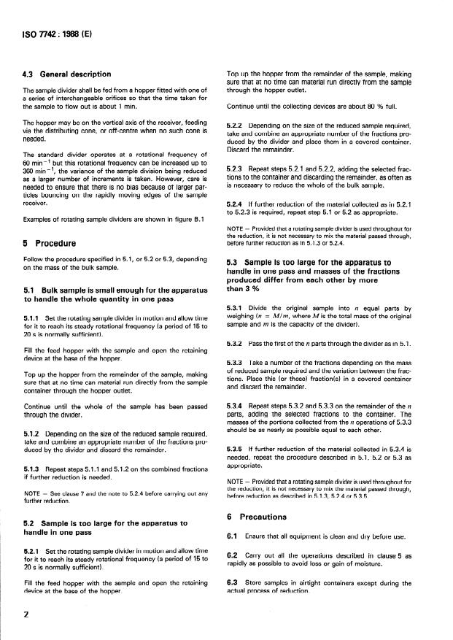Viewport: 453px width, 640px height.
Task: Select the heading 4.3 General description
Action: [x=67, y=74]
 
